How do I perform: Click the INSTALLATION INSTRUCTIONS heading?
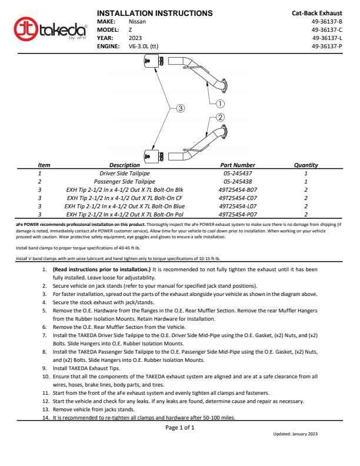pyautogui.click(x=154, y=13)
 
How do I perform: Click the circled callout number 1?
pyautogui.click(x=221, y=103)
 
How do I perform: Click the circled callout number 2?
pyautogui.click(x=221, y=117)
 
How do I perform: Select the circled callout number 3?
pyautogui.click(x=181, y=108)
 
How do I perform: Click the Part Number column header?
pyautogui.click(x=237, y=165)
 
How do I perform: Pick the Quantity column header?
pyautogui.click(x=306, y=165)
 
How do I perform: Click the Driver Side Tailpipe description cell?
pyautogui.click(x=125, y=174)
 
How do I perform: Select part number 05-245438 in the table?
pyautogui.click(x=238, y=182)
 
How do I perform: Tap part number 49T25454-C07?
pyautogui.click(x=238, y=198)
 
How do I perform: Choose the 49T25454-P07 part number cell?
pyautogui.click(x=238, y=215)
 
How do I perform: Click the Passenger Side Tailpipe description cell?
pyautogui.click(x=125, y=182)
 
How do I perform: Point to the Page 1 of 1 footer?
pyautogui.click(x=180, y=427)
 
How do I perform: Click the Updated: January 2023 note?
pyautogui.click(x=295, y=434)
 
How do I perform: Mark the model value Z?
pyautogui.click(x=131, y=29)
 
